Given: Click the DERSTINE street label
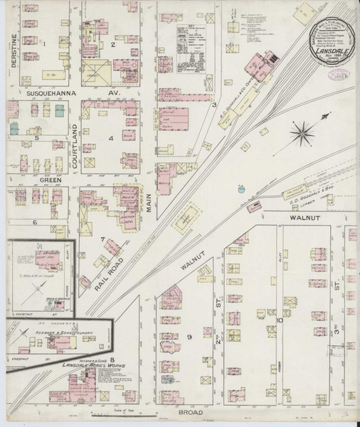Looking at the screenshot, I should (12, 51).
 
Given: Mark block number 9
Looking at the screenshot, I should (189, 336).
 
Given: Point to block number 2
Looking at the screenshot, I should (112, 44).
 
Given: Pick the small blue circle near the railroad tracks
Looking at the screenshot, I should (241, 189).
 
